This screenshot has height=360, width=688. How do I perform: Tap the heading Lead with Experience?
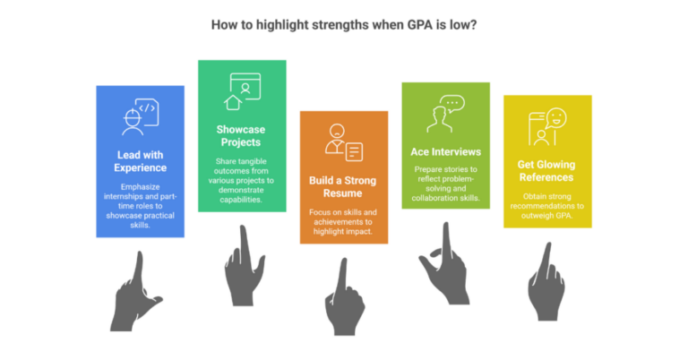[140, 161]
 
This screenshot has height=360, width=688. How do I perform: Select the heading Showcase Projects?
[241, 135]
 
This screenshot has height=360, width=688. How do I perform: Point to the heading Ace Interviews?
[446, 151]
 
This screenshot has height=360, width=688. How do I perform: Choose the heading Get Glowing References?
[546, 170]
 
